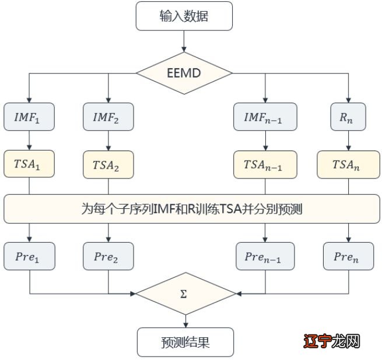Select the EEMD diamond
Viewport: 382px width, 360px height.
[x=184, y=74]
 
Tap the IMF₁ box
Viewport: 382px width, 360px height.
[x=29, y=117]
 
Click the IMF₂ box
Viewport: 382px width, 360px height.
[x=108, y=117]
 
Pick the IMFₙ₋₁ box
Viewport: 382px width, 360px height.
[x=265, y=117]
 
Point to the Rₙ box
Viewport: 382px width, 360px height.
[x=348, y=117]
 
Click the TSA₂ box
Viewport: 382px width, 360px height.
[x=108, y=165]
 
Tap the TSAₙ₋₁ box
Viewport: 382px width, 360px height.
[x=265, y=165]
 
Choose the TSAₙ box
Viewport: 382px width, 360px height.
[x=348, y=165]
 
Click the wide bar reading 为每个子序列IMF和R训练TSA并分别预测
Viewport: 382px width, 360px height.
[x=191, y=209]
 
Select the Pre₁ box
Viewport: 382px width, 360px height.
[x=29, y=256]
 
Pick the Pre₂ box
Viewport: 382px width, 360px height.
[x=108, y=256]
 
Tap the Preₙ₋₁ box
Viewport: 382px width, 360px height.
[x=265, y=256]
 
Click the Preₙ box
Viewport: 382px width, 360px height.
[x=348, y=256]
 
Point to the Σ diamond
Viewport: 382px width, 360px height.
[x=184, y=293]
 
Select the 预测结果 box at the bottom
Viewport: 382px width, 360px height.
[x=184, y=342]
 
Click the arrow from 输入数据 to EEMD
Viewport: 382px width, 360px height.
[x=184, y=41]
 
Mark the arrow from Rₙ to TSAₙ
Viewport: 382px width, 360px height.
[x=348, y=141]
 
